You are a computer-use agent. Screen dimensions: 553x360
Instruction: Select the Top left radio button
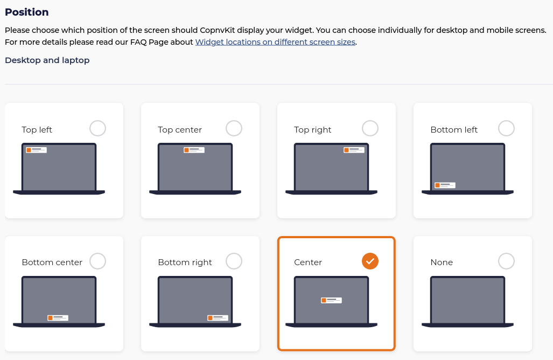pos(97,128)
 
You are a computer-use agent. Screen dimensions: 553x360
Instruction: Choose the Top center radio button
pos(234,128)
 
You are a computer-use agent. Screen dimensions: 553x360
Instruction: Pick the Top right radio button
pos(370,128)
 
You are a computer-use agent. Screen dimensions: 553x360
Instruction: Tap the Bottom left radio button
pos(506,128)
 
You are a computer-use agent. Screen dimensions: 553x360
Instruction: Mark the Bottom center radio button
pos(97,261)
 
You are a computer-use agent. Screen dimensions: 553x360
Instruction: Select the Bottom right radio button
pos(234,261)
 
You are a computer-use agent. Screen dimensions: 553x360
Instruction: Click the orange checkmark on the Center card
pos(370,261)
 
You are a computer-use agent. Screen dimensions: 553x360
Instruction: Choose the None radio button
pos(506,261)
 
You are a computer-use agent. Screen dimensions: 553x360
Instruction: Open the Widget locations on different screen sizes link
pos(275,42)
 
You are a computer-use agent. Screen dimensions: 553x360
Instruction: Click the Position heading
pos(27,12)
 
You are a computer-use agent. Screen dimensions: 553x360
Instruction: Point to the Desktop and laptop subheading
pos(47,60)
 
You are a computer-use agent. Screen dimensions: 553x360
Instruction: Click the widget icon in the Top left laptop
pos(36,150)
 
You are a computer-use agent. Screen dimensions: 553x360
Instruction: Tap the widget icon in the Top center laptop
pos(194,150)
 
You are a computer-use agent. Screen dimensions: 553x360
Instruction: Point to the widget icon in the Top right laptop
pos(354,150)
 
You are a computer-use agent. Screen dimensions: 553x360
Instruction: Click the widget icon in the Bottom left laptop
pos(445,185)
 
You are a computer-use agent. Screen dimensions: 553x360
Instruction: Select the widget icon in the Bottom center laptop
pos(58,318)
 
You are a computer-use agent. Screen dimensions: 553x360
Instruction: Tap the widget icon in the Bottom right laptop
pos(218,318)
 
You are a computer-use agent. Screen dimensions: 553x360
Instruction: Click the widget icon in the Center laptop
pos(331,300)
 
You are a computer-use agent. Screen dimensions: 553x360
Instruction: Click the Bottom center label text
pos(52,262)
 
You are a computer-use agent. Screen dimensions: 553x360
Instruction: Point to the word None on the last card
pos(442,262)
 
